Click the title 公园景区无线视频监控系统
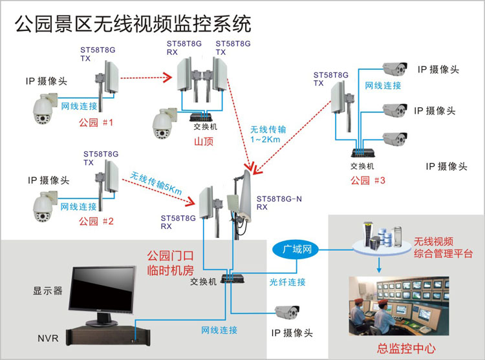point(132,24)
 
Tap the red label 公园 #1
point(95,122)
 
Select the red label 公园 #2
point(95,221)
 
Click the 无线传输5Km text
point(156,181)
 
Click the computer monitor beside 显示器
point(104,291)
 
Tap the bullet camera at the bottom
point(286,313)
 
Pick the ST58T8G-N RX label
point(279,203)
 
